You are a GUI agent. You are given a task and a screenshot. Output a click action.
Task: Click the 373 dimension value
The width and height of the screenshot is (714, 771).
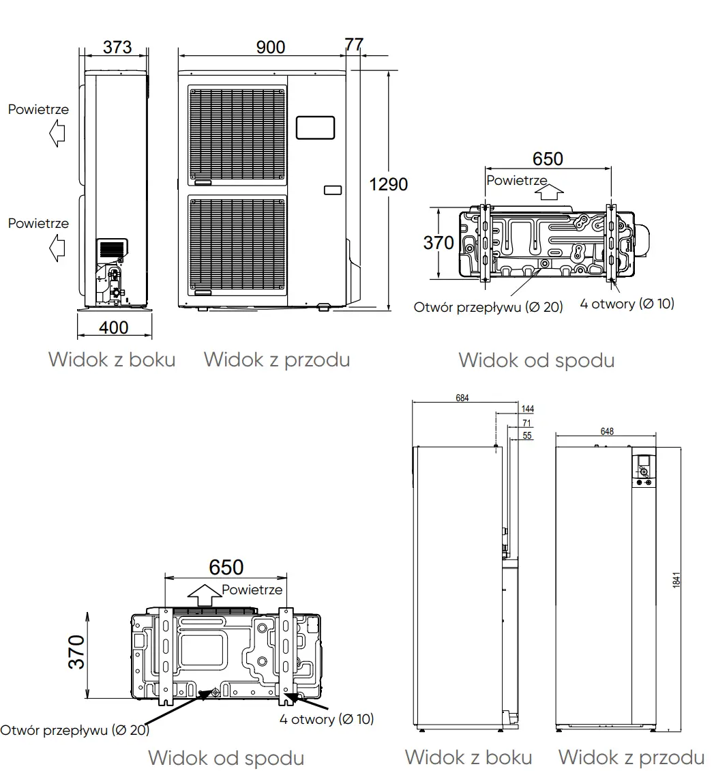(x=117, y=47)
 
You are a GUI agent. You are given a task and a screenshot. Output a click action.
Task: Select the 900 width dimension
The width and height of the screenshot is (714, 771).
(x=271, y=47)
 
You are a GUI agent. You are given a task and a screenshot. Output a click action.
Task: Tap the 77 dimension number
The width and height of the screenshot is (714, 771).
(x=354, y=44)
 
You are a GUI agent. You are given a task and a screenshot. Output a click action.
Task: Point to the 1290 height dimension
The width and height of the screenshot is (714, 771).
(x=388, y=184)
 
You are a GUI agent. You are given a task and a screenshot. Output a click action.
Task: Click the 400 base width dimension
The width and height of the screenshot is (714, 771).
(x=113, y=328)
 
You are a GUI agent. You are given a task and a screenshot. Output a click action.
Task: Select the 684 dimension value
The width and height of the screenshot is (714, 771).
(x=462, y=398)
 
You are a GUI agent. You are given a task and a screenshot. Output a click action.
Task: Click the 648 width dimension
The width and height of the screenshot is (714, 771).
(x=607, y=431)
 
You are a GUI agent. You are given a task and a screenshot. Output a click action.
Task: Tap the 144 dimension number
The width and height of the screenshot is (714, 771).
(x=527, y=409)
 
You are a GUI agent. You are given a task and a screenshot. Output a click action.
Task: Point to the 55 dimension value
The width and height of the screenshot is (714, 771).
(x=527, y=435)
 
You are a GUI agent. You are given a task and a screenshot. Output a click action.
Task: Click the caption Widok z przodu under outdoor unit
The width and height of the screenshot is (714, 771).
(x=276, y=359)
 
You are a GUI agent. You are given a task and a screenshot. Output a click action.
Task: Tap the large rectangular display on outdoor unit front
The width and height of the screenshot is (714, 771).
(x=315, y=128)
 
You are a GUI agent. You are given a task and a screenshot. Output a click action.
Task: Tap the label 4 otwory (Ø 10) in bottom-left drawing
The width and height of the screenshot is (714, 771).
(x=326, y=719)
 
